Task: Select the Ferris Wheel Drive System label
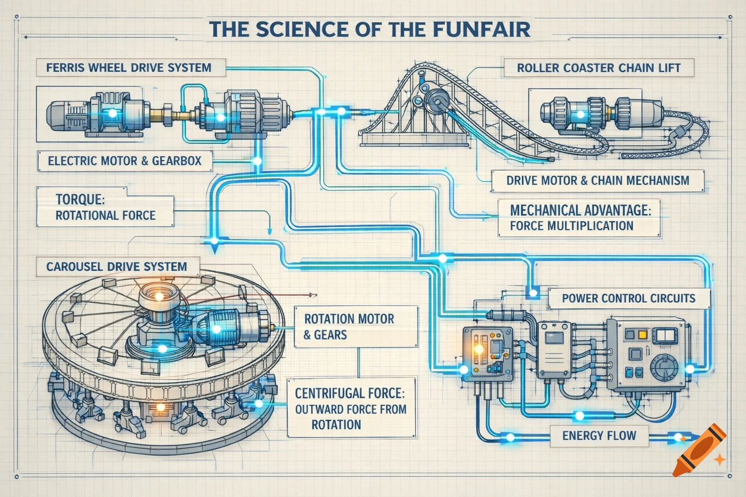pyautogui.click(x=129, y=67)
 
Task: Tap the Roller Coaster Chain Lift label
pyautogui.click(x=598, y=68)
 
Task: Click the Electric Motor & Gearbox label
pyautogui.click(x=124, y=161)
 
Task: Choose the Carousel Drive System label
pyautogui.click(x=117, y=266)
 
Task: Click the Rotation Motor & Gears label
pyautogui.click(x=349, y=326)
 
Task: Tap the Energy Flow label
pyautogui.click(x=599, y=435)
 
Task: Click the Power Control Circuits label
pyautogui.click(x=628, y=298)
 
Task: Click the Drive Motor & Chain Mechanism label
pyautogui.click(x=597, y=181)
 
